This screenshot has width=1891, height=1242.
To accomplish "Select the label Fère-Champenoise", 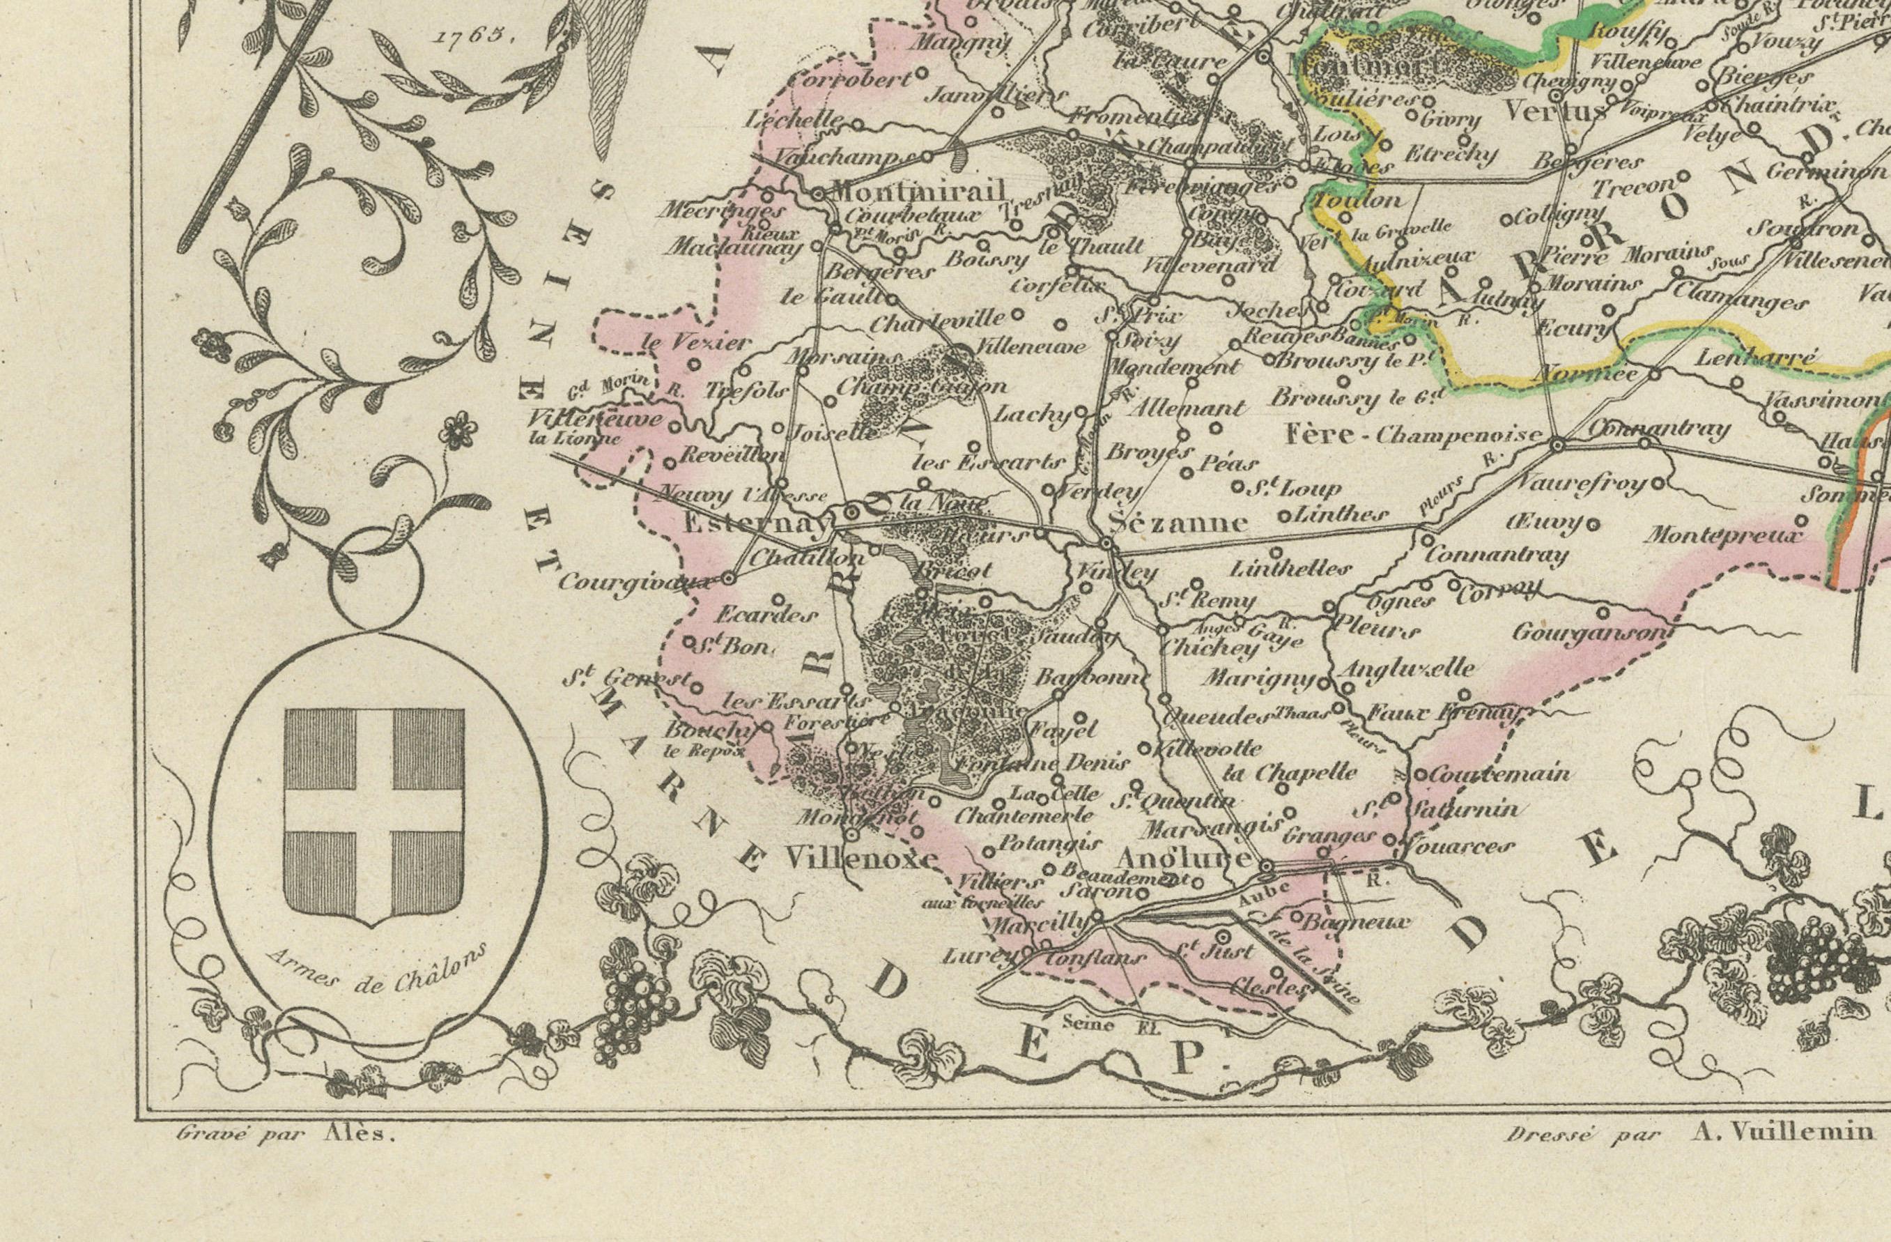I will pos(1414,435).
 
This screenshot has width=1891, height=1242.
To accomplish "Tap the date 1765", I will pos(470,35).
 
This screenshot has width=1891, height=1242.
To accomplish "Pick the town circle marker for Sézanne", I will pos(1106,542).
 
